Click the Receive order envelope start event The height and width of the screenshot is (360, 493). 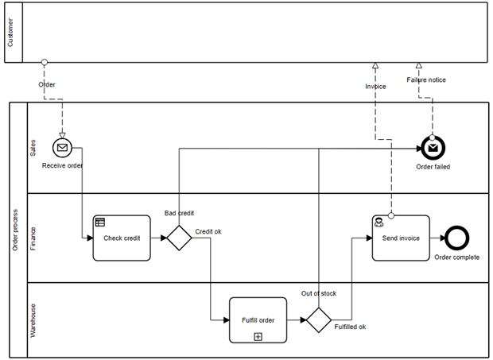[62, 147]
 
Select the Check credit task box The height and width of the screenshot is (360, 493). [122, 238]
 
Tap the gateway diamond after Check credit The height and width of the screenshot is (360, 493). [179, 238]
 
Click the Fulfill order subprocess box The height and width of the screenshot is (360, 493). [258, 319]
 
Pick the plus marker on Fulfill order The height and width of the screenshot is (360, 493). [258, 336]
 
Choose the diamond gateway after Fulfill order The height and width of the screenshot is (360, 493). [318, 320]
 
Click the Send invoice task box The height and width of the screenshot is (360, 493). [401, 238]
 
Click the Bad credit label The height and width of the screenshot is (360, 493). [180, 213]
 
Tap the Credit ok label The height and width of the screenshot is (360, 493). [208, 231]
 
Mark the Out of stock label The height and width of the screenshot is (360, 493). [318, 293]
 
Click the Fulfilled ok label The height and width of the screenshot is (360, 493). [350, 327]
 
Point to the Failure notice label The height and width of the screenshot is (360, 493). [426, 79]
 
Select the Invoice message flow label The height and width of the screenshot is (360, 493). [375, 86]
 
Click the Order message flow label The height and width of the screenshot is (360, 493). [47, 83]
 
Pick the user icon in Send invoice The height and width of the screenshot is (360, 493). [379, 223]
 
